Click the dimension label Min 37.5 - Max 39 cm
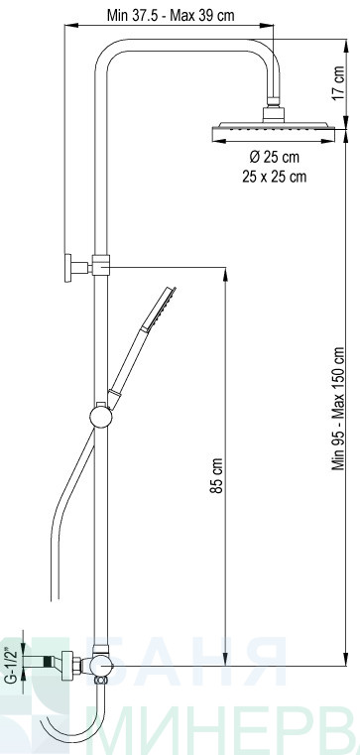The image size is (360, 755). [x=171, y=16]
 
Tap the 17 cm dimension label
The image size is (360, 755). [x=338, y=82]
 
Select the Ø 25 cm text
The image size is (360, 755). [x=274, y=157]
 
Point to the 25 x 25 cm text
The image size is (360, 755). [x=274, y=177]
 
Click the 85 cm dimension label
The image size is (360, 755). [x=216, y=476]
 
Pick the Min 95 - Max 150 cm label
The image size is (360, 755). [x=338, y=409]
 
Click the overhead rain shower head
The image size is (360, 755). [x=274, y=131]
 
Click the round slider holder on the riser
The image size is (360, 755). [x=100, y=417]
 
